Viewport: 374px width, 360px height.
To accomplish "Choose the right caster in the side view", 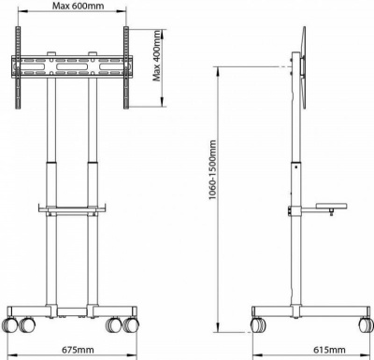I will [360, 324].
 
